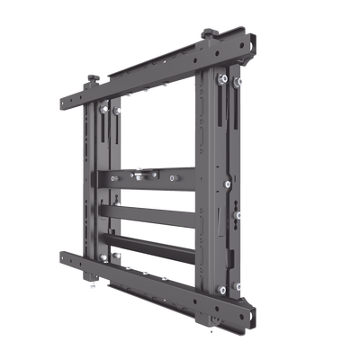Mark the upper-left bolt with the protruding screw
coord(106,109)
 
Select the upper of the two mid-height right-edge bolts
coord(228,184)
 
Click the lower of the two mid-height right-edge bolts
coord(237,214)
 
